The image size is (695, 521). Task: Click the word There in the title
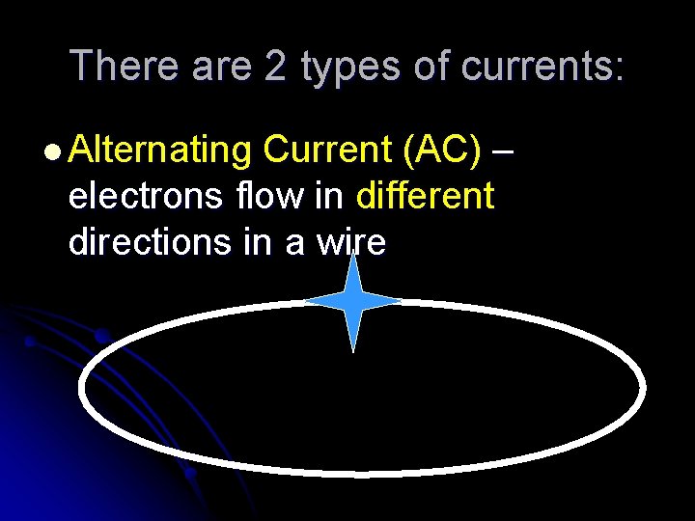pyautogui.click(x=125, y=66)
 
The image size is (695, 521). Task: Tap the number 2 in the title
pyautogui.click(x=278, y=66)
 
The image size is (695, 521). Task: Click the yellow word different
pyautogui.click(x=425, y=196)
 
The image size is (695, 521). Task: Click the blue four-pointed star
pyautogui.click(x=353, y=302)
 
